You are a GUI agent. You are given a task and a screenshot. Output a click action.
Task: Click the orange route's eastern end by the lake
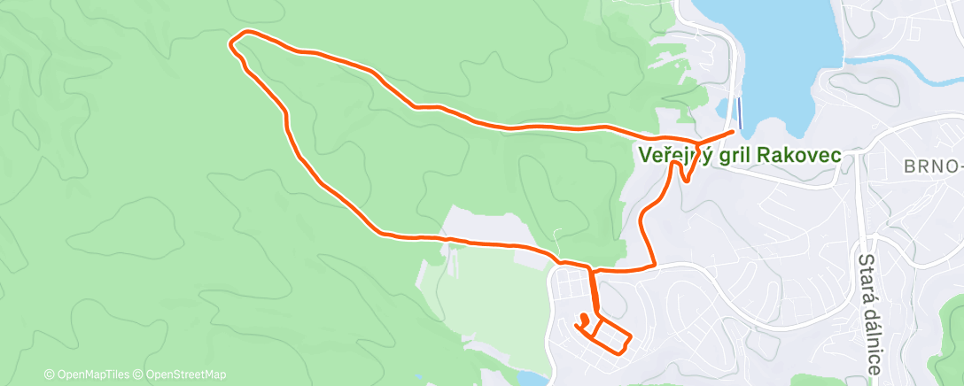733,132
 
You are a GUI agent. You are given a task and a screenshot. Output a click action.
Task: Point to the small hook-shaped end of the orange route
584,317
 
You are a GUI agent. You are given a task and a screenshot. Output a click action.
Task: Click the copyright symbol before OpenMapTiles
49,374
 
